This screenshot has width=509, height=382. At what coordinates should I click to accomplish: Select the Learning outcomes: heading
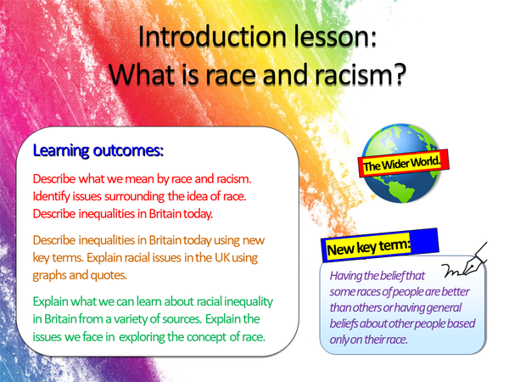98,150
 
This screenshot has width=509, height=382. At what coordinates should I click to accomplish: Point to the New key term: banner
368,246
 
